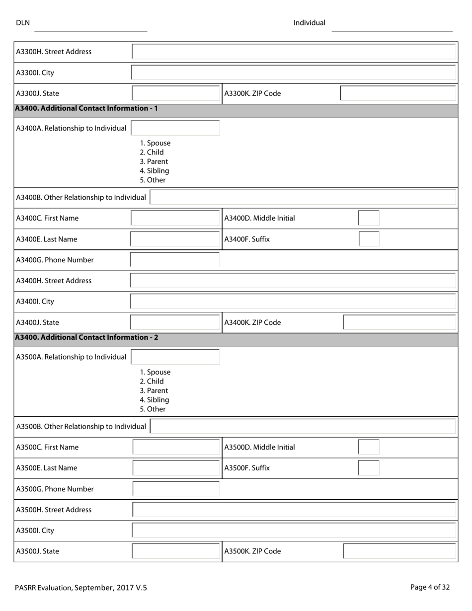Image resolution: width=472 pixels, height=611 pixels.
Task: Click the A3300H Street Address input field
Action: click(294, 52)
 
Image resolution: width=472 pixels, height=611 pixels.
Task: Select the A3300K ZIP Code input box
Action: click(398, 93)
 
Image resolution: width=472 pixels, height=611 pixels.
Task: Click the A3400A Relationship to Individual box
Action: click(175, 128)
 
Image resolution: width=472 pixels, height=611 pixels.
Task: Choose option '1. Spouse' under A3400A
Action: click(155, 143)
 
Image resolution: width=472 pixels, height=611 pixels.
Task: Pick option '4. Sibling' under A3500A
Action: click(155, 400)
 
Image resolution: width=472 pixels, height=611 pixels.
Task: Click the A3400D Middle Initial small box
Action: click(369, 218)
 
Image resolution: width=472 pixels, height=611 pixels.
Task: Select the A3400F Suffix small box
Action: click(369, 239)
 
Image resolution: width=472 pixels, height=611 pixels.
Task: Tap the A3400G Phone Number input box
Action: click(175, 260)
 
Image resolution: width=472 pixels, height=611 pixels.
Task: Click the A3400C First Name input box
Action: click(175, 218)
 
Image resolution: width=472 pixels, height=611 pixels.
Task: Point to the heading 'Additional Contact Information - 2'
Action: click(87, 337)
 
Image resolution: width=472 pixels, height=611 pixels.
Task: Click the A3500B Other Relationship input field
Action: click(303, 426)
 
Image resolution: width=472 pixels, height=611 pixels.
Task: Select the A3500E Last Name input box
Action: click(176, 468)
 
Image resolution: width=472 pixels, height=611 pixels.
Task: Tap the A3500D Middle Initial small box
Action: click(369, 447)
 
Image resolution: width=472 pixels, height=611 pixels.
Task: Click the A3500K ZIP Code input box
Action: click(399, 551)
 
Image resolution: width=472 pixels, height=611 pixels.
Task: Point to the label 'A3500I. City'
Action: click(35, 531)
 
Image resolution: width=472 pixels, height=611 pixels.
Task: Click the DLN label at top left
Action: click(23, 23)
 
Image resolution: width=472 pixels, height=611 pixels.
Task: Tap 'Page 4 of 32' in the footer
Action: click(430, 587)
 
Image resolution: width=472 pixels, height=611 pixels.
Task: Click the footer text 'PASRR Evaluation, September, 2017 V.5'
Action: click(81, 588)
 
